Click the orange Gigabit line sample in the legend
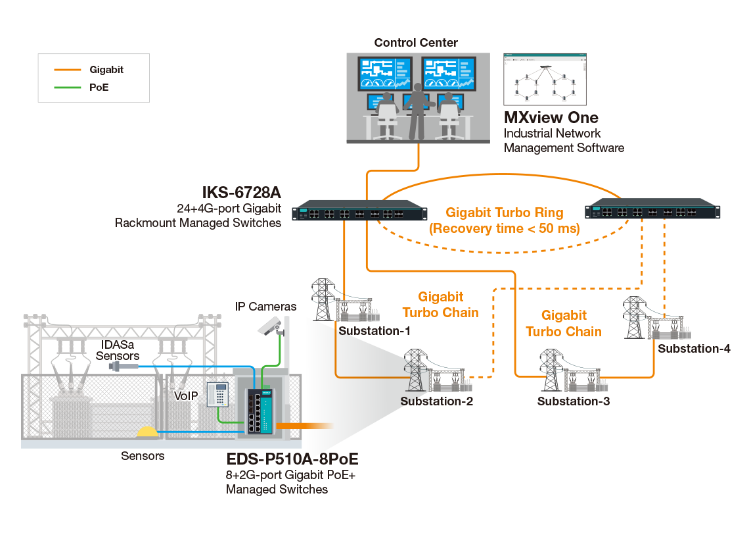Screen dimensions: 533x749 pyautogui.click(x=67, y=69)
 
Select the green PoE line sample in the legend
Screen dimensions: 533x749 pyautogui.click(x=67, y=87)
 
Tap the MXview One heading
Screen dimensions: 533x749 pyautogui.click(x=551, y=118)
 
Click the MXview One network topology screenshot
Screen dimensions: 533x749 pyautogui.click(x=545, y=79)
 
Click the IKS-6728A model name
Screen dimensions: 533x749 pyautogui.click(x=241, y=193)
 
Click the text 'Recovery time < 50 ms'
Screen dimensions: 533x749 pyautogui.click(x=504, y=229)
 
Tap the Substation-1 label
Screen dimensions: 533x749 pyautogui.click(x=374, y=330)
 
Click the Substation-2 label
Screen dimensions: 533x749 pyautogui.click(x=436, y=401)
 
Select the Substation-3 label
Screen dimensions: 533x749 pyautogui.click(x=574, y=401)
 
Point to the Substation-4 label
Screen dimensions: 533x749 pyautogui.click(x=693, y=348)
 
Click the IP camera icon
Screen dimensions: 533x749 pyautogui.click(x=269, y=324)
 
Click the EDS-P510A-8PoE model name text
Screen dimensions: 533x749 pyautogui.click(x=292, y=459)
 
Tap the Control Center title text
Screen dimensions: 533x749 pyautogui.click(x=416, y=43)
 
